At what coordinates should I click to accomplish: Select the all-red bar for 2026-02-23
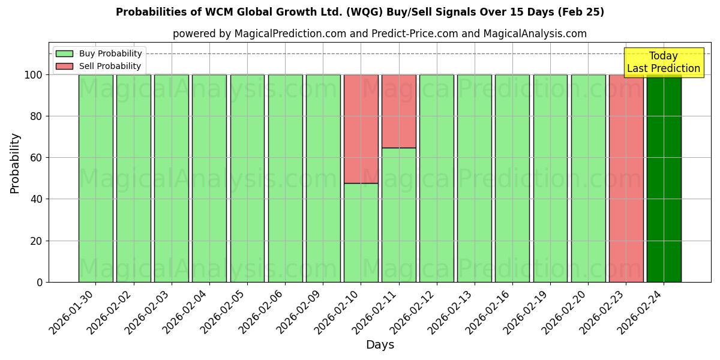(626, 178)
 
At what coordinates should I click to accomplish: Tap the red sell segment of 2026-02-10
(361, 128)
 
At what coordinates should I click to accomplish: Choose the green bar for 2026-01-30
(95, 178)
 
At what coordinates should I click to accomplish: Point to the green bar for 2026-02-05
(247, 178)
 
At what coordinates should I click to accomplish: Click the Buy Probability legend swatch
(64, 53)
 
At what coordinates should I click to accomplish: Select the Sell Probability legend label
(110, 66)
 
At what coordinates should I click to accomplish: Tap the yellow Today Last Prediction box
(663, 62)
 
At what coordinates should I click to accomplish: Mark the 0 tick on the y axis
(40, 282)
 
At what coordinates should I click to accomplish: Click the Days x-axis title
(380, 345)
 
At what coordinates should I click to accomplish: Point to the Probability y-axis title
(15, 163)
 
